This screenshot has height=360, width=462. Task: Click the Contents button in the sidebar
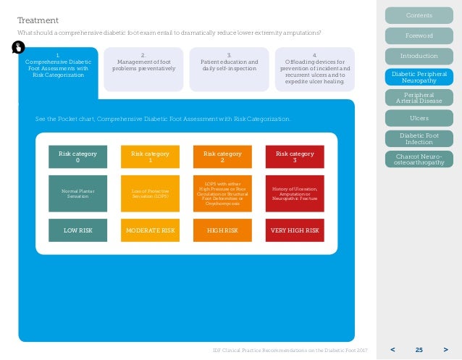[x=419, y=15]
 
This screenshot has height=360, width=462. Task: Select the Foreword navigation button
[x=419, y=35]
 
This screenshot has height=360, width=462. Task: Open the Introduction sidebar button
[x=419, y=56]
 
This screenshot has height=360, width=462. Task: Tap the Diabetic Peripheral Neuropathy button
[x=419, y=77]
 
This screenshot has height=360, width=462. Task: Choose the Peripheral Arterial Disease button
[x=419, y=97]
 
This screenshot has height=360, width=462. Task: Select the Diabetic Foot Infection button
[x=419, y=138]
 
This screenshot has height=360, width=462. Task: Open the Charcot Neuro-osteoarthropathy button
[x=419, y=159]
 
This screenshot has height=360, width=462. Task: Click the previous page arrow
[x=393, y=350]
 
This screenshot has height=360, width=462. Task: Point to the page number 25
[x=419, y=350]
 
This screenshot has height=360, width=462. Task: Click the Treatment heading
[x=38, y=20]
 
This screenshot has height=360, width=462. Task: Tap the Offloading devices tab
[x=314, y=68]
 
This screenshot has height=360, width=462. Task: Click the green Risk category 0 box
[x=77, y=156]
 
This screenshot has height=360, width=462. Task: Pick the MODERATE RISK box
[x=150, y=230]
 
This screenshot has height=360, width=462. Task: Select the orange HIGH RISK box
[x=222, y=230]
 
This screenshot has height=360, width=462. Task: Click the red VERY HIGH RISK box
[x=295, y=230]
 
